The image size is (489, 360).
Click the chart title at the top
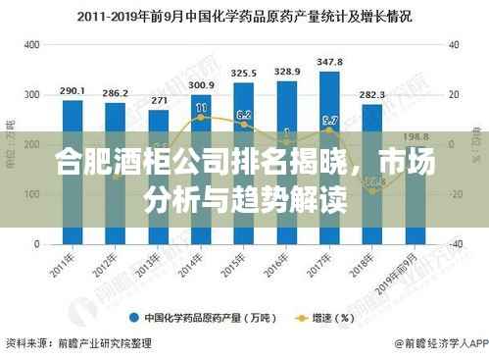click(244, 17)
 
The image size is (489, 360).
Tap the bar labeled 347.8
click(330, 157)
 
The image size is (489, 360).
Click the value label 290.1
click(73, 91)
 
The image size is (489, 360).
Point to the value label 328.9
click(287, 72)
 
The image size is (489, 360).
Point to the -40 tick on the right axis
click(455, 243)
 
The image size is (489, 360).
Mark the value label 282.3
click(372, 95)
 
